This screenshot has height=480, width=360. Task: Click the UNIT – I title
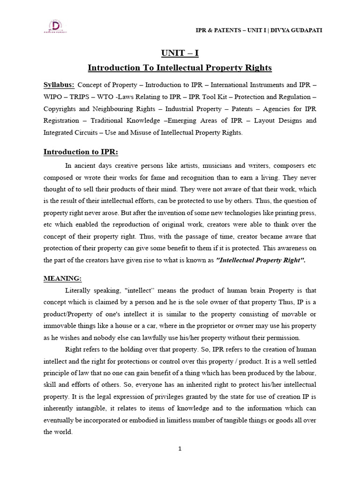coord(180,53)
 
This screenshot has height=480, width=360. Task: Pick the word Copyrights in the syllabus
coord(60,109)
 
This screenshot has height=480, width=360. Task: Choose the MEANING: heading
coord(62,278)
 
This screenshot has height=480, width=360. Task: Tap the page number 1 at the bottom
coord(180,449)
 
